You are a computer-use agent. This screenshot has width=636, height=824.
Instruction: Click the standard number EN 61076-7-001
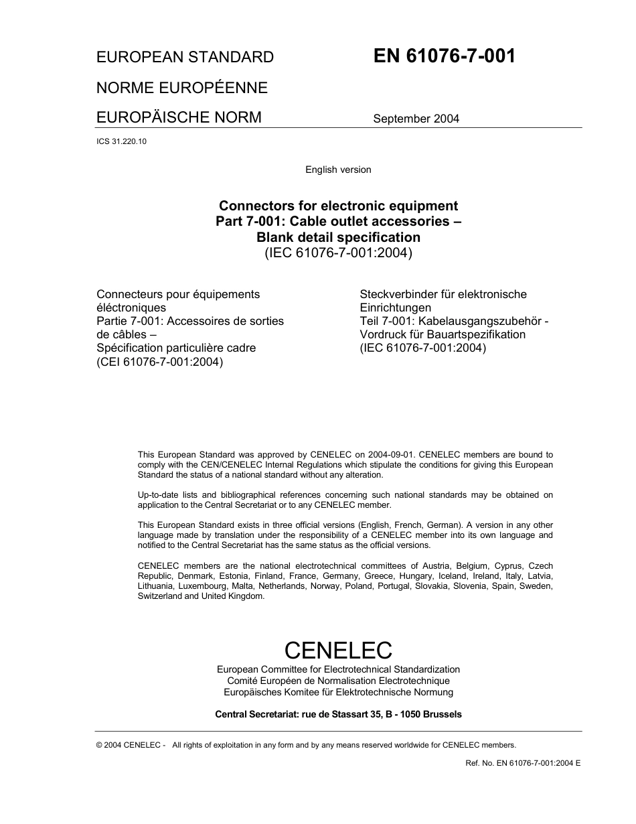click(444, 56)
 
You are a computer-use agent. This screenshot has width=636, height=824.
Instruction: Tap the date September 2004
click(416, 119)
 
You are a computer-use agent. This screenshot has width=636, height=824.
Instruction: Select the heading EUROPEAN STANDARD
click(185, 58)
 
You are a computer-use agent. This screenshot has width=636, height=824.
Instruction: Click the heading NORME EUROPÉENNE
click(181, 88)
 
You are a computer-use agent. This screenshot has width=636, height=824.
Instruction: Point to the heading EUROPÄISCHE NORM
click(179, 118)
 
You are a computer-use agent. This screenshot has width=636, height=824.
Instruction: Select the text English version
click(338, 169)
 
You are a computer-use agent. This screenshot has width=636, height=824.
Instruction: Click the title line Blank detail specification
click(338, 237)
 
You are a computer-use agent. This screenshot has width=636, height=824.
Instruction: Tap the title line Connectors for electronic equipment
click(339, 206)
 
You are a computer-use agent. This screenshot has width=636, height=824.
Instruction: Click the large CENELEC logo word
click(338, 650)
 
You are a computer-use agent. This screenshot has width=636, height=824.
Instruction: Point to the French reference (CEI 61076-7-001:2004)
click(159, 362)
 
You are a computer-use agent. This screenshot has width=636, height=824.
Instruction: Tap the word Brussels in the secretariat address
click(441, 714)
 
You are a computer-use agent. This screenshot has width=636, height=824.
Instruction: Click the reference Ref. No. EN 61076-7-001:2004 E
click(523, 763)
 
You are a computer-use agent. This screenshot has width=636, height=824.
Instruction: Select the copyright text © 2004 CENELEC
click(130, 745)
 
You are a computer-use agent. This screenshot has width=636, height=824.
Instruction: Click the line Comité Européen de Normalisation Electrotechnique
click(338, 681)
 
